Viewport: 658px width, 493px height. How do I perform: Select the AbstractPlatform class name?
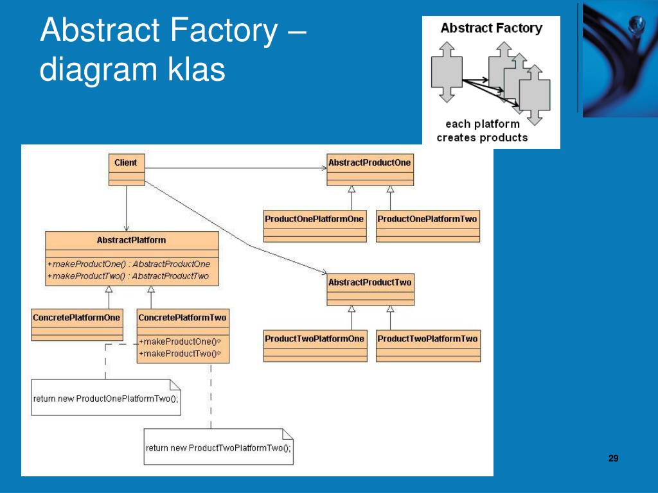(131, 240)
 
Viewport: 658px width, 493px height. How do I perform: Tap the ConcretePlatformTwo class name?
(182, 317)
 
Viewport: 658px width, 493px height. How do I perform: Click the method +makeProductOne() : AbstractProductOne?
(129, 264)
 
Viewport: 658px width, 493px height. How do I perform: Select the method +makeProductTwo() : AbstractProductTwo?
(128, 276)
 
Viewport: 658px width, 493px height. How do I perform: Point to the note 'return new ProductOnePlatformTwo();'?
(105, 398)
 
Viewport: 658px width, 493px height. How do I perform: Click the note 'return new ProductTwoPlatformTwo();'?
(218, 447)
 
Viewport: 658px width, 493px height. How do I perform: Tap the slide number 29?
(613, 458)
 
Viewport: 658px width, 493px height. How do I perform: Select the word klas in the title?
(197, 69)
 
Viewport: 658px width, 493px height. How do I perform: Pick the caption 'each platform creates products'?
(482, 130)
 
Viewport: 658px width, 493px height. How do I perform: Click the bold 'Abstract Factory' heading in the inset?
(491, 28)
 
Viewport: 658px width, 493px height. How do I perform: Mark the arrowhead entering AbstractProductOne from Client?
(324, 169)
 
